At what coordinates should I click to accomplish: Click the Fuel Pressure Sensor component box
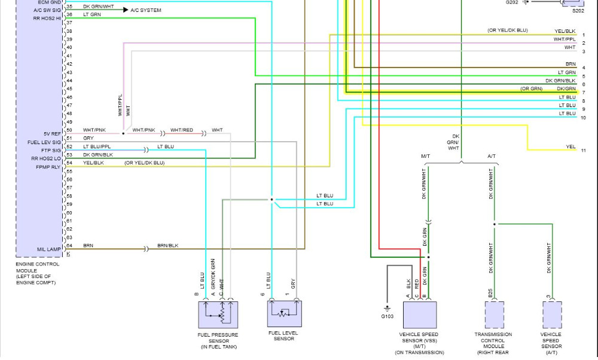[x=218, y=315]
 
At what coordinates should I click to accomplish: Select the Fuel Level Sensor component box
[x=284, y=315]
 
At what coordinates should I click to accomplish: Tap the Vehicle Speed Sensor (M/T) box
[x=419, y=315]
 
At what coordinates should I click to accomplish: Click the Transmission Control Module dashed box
[x=494, y=315]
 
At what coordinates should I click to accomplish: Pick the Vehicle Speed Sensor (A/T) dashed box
[x=552, y=315]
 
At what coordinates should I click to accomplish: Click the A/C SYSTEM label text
[x=145, y=10]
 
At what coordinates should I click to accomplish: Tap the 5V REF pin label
[x=51, y=133]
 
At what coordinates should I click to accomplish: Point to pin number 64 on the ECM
[x=69, y=246]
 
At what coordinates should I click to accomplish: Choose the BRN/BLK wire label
[x=167, y=246]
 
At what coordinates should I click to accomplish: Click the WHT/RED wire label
[x=182, y=130]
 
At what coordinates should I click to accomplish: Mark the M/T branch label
[x=426, y=155]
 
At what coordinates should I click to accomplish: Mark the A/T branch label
[x=492, y=155]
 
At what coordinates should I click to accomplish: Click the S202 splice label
[x=578, y=11]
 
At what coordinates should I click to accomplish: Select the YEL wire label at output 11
[x=570, y=147]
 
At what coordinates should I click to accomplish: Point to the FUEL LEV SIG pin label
[x=45, y=142]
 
